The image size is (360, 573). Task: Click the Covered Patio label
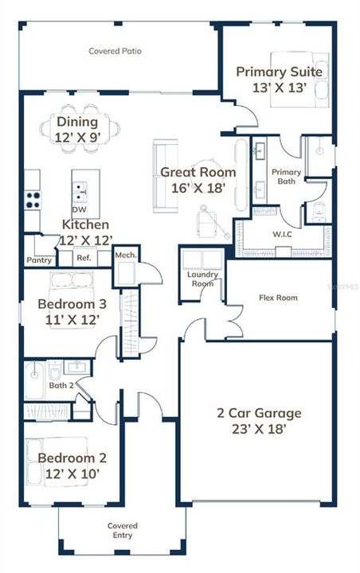(x=115, y=51)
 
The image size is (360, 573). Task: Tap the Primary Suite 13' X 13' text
(x=279, y=80)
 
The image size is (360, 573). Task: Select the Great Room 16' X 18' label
(x=198, y=180)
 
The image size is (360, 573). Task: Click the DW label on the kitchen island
(x=79, y=209)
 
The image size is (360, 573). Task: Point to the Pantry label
(x=38, y=260)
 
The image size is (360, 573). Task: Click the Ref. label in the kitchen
(x=83, y=258)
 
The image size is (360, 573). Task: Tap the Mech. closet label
(x=125, y=255)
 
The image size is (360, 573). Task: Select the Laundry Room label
(x=202, y=279)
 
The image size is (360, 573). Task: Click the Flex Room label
(x=278, y=298)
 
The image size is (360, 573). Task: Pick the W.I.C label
(x=281, y=235)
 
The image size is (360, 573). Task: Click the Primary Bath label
(x=286, y=177)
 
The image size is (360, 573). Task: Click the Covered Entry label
(x=123, y=531)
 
